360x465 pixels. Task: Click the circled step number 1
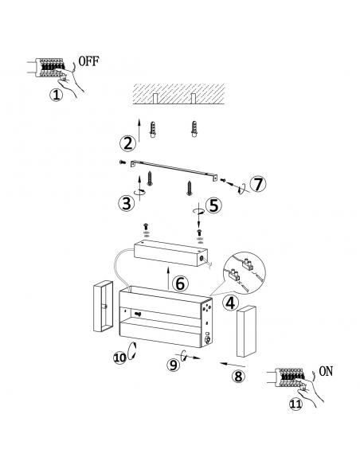56,95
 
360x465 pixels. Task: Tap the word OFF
88,61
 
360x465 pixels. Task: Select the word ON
326,371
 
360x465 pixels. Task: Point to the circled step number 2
128,143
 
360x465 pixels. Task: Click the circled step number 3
127,204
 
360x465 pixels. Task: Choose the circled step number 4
230,303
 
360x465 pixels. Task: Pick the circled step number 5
213,205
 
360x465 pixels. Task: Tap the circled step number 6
180,283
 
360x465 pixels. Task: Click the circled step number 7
258,184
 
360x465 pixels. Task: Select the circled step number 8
238,377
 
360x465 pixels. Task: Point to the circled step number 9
173,365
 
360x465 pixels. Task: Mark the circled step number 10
119,358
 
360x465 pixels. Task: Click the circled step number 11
295,404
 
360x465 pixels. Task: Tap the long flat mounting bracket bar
174,170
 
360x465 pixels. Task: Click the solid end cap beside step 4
246,331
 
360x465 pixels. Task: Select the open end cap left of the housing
103,306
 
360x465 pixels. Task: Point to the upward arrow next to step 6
168,278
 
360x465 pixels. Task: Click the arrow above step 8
233,365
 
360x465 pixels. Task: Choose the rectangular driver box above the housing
170,253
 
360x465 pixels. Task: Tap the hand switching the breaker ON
310,392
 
